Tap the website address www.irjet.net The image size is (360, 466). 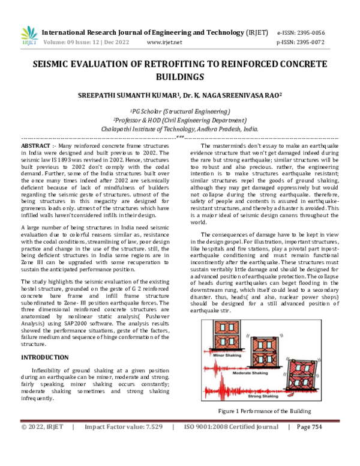point(164,43)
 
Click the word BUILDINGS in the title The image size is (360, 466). point(179,76)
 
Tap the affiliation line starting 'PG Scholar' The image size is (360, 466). point(179,112)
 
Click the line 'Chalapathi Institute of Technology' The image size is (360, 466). point(179,129)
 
